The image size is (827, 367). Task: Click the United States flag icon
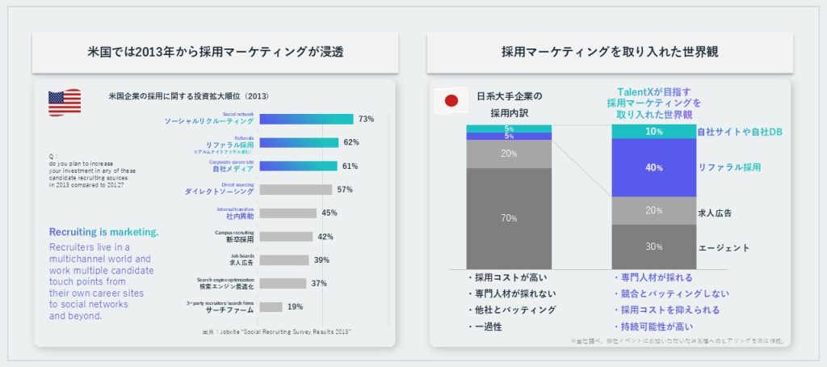coord(65,103)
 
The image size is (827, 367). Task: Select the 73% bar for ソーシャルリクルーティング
coord(306,119)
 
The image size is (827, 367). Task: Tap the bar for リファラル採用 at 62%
coord(299,142)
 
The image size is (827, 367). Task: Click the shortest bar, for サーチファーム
coord(271,307)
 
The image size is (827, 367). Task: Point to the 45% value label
coord(329,213)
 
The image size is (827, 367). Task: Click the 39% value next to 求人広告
coord(321,260)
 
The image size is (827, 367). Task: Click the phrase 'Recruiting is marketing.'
coord(104,232)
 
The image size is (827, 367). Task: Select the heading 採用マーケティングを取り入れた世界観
coord(609,53)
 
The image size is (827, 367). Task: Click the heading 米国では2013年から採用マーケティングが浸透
coord(215,53)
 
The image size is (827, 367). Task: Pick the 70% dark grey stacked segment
coord(509,217)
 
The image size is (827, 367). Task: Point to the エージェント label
coord(724,247)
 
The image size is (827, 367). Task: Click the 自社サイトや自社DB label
coord(741,131)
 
